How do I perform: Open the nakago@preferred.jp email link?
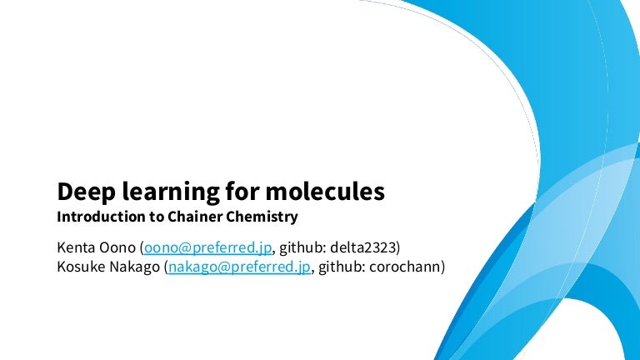point(239,267)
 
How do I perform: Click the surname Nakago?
point(136,267)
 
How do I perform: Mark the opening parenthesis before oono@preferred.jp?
point(142,247)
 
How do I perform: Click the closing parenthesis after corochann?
point(443,267)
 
